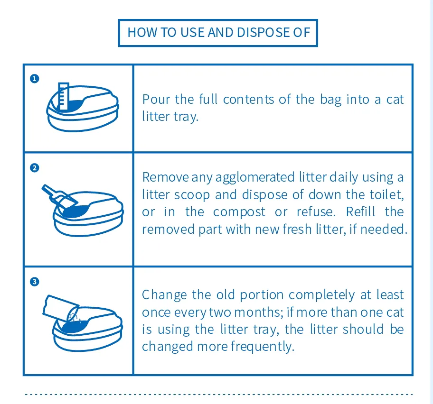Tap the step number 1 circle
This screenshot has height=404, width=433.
click(34, 79)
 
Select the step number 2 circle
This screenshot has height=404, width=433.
click(34, 168)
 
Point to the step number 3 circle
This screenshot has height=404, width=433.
click(34, 282)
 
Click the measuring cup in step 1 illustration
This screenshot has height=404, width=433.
click(63, 95)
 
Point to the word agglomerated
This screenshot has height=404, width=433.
click(256, 177)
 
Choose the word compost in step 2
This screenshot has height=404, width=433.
click(239, 212)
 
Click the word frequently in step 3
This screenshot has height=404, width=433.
click(262, 346)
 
